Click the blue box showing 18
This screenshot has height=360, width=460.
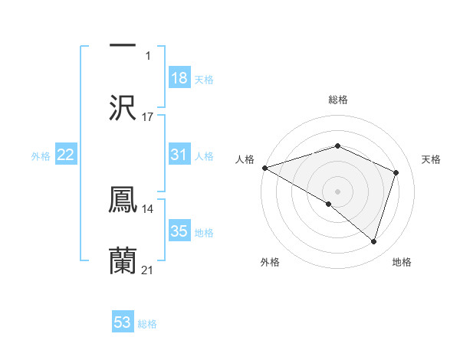click(179, 78)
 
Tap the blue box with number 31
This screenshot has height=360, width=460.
click(179, 155)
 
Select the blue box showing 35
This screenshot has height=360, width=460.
click(179, 231)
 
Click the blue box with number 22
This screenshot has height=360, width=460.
click(66, 155)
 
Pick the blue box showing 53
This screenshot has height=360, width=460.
click(123, 322)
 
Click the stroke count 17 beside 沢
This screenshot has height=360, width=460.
click(148, 116)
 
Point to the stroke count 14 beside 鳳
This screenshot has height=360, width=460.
click(148, 208)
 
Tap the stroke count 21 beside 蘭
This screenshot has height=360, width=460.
click(148, 270)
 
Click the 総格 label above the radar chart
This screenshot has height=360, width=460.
click(337, 100)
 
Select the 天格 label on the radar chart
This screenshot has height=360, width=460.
click(431, 159)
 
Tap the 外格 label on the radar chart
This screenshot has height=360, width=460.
click(270, 262)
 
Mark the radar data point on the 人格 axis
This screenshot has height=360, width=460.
click(264, 168)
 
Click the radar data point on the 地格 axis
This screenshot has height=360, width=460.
click(373, 242)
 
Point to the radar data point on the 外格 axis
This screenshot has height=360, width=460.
click(328, 204)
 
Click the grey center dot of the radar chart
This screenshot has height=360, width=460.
click(337, 191)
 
